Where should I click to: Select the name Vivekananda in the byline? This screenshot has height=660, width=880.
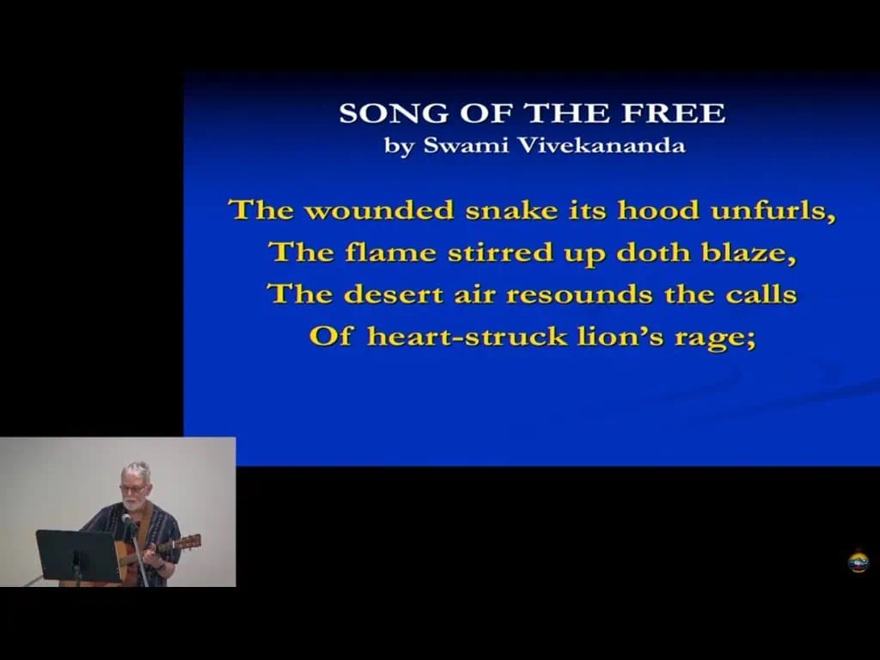[601, 145]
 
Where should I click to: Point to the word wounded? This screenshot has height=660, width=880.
[379, 211]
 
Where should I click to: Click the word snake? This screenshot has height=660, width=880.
[511, 211]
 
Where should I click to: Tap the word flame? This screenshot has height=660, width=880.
[391, 252]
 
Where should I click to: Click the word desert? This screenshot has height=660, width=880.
[393, 295]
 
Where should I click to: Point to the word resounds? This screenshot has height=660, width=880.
[579, 295]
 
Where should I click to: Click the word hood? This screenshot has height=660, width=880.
[658, 211]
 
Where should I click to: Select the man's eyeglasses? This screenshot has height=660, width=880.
[132, 489]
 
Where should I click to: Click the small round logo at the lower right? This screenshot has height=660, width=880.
[859, 562]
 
